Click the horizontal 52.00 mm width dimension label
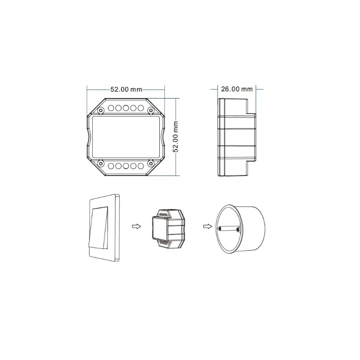(x=126, y=89)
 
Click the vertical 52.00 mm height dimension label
(x=175, y=137)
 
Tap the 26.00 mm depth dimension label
(x=237, y=89)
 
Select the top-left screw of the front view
(x=100, y=110)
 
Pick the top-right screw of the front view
(x=151, y=110)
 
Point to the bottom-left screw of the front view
(x=100, y=163)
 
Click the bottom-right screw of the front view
(x=151, y=163)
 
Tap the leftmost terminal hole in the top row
(x=111, y=108)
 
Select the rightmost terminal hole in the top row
(x=140, y=108)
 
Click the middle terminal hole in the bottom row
(x=126, y=166)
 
